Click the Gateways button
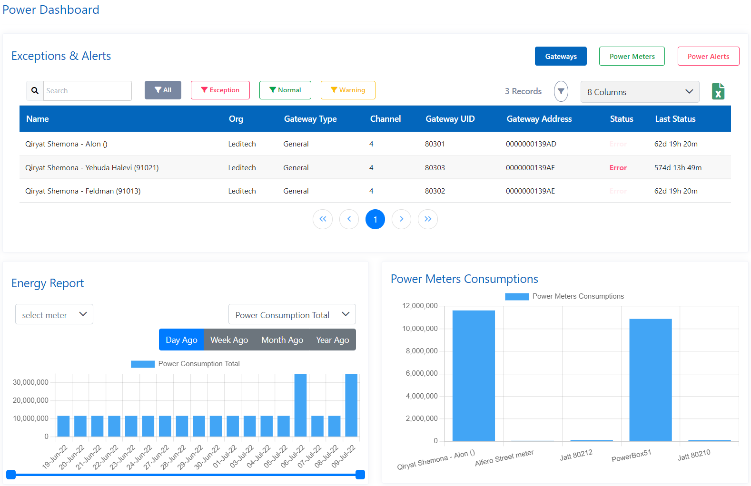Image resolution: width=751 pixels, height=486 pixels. (561, 56)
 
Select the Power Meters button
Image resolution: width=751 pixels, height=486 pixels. (632, 56)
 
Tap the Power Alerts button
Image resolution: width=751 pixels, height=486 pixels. (708, 56)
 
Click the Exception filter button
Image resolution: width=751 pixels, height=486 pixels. (220, 90)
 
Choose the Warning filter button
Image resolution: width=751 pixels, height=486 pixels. (348, 90)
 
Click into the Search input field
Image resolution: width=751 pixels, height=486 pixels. (87, 91)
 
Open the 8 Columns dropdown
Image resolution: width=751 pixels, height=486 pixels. (640, 92)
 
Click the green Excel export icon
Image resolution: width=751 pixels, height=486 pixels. (718, 91)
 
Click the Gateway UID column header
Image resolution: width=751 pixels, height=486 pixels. (450, 119)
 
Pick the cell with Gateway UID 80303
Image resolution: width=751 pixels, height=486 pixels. (435, 167)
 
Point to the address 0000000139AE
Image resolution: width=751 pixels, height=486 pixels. (530, 191)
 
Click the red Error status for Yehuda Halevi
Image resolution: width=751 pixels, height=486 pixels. (618, 167)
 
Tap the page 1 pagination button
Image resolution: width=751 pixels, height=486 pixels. (375, 219)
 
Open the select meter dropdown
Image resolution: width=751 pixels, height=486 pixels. (54, 315)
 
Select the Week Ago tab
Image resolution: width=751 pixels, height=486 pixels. (229, 340)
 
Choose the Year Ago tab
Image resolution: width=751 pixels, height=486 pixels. (332, 340)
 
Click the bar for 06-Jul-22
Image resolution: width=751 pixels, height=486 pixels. (300, 405)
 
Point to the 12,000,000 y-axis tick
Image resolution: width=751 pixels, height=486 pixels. (420, 306)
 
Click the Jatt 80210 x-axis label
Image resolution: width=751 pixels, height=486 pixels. (694, 455)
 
